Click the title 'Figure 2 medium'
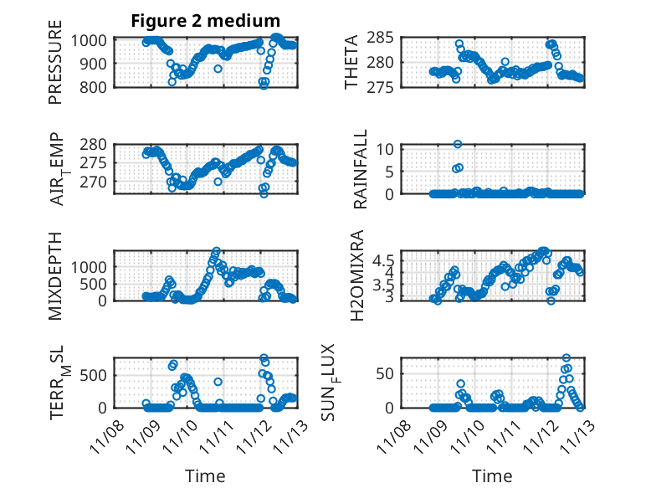205,21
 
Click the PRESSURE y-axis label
55,68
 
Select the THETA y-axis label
351,62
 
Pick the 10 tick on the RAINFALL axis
387,149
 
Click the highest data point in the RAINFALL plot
458,144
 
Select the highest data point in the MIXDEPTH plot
216,251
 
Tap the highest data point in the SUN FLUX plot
566,358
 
